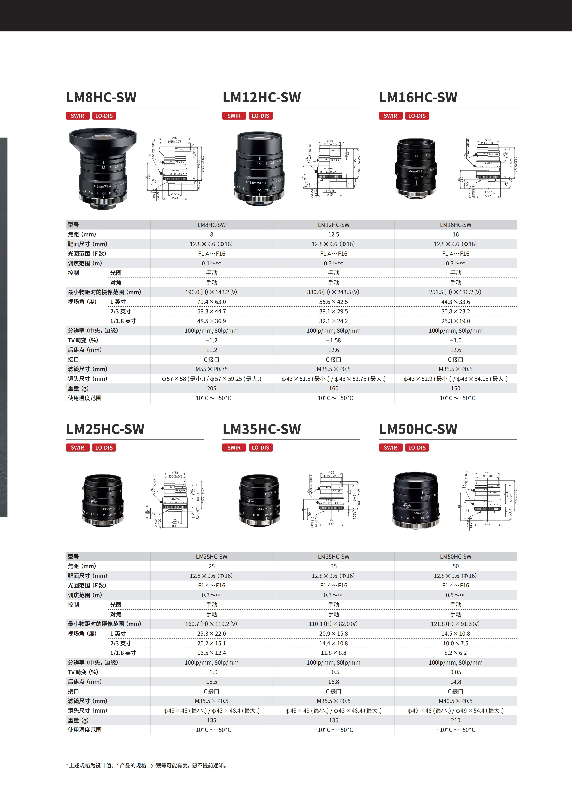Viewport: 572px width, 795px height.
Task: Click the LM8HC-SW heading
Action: pyautogui.click(x=101, y=97)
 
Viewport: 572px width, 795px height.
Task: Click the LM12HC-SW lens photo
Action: pyautogui.click(x=259, y=168)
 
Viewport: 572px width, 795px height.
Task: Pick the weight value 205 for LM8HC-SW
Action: pyautogui.click(x=212, y=388)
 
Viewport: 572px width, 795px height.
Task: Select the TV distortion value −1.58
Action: pyautogui.click(x=333, y=340)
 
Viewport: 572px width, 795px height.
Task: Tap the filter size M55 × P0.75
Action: pyautogui.click(x=212, y=369)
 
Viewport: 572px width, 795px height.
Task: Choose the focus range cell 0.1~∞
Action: pyautogui.click(x=212, y=263)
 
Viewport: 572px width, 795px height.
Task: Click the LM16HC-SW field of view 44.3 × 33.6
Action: pyautogui.click(x=455, y=302)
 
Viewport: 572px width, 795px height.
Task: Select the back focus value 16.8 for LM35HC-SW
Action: pyautogui.click(x=333, y=682)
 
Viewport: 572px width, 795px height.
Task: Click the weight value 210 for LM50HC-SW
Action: pyautogui.click(x=455, y=720)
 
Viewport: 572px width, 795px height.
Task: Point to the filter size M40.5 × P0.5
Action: pyautogui.click(x=455, y=701)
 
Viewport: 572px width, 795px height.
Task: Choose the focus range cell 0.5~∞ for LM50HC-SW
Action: pyautogui.click(x=455, y=595)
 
